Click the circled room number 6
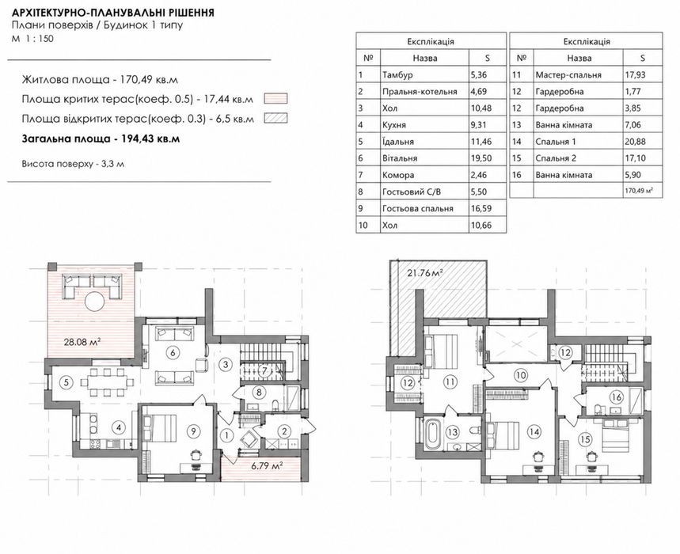tap(173, 352)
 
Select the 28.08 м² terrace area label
tap(82, 342)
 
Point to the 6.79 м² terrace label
tap(267, 466)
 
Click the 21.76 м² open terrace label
tap(425, 273)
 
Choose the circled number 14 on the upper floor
tap(534, 431)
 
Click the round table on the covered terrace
tap(94, 302)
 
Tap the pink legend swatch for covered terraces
tap(275, 99)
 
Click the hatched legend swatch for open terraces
tap(275, 119)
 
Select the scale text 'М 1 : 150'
tap(33, 39)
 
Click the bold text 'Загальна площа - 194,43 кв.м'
tap(101, 139)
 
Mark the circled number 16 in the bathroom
tap(616, 397)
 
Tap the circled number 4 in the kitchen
tap(118, 427)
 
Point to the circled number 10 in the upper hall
tap(521, 375)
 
